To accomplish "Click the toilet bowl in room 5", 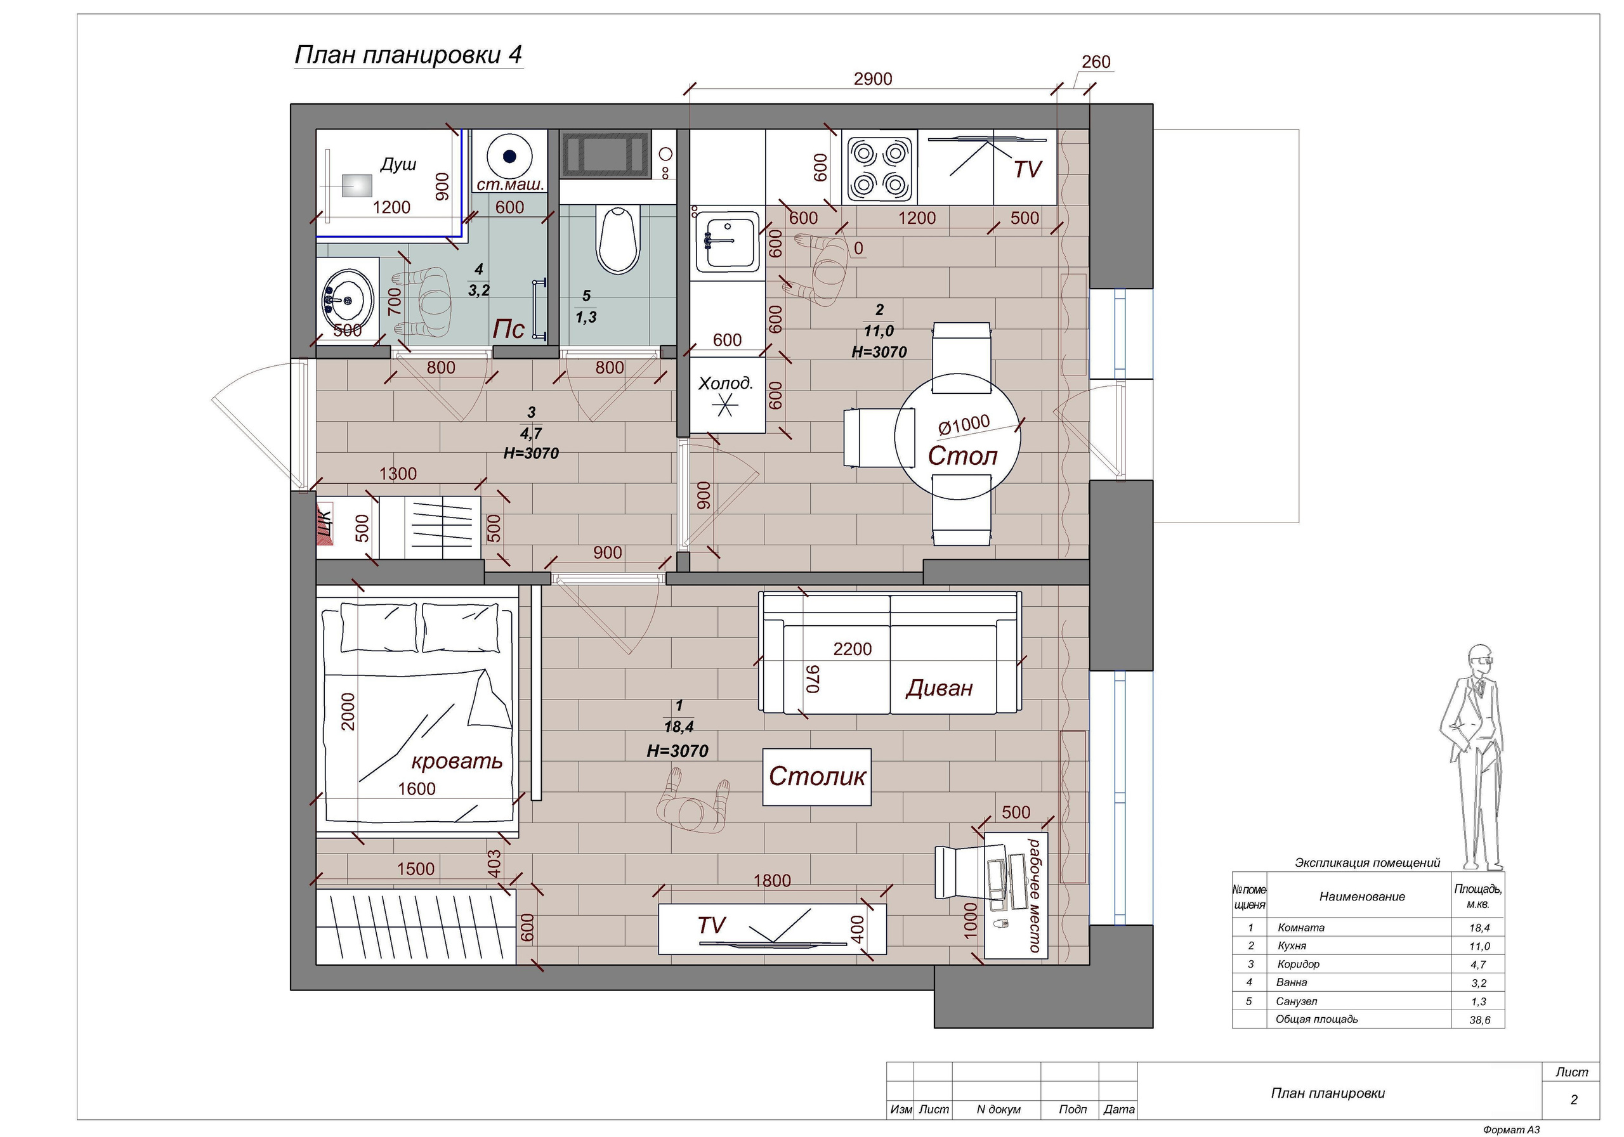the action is coord(619,240).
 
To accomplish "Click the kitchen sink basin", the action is coord(727,242).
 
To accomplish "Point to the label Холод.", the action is coord(726,384).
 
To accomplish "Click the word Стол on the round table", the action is coord(962,456).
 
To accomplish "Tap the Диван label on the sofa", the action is coord(940,688).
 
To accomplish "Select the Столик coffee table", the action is coord(817,777).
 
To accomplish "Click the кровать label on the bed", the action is coord(457,762).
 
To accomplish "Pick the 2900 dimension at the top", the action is coord(873,79).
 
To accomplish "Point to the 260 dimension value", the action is coord(1096,62).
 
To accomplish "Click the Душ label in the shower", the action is coord(398,165).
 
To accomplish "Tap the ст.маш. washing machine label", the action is coord(510,185).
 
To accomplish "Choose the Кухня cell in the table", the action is coord(1292,946).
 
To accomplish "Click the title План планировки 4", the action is coord(408,55).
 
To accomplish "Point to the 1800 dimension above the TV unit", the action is coord(771,881).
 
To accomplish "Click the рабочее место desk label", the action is coord(1035,895).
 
